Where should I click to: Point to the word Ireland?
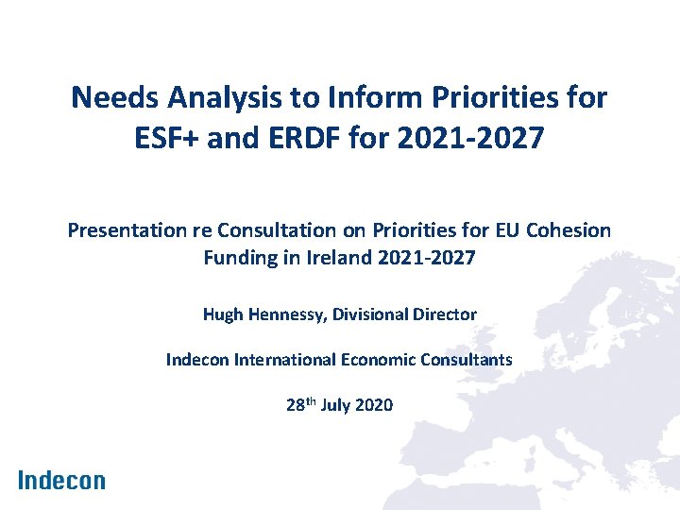coord(343,257)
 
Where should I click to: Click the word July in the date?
coord(337,405)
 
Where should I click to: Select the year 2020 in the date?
coord(375,405)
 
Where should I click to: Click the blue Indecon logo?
coord(61,480)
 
